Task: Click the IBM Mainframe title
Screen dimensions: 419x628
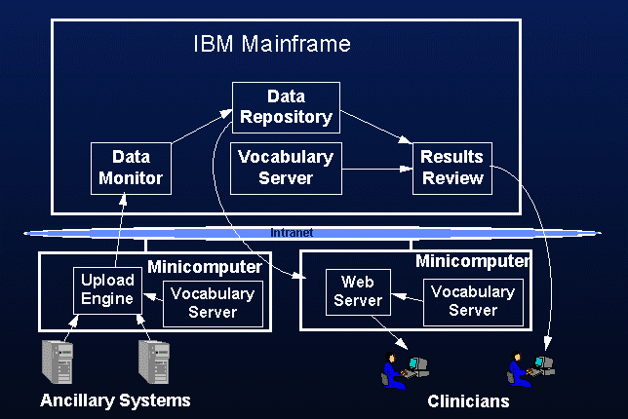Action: tap(270, 45)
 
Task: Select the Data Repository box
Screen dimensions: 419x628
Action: tap(286, 107)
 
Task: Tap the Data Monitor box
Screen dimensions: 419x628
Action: tap(131, 168)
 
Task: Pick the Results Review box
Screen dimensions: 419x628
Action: tap(451, 168)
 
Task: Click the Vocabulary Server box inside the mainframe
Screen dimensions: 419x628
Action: tap(286, 168)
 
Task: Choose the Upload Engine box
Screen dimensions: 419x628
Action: tap(106, 288)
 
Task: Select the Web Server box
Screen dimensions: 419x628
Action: tap(358, 291)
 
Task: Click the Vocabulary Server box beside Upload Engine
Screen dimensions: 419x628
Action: tap(212, 303)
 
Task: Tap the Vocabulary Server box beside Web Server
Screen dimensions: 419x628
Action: tap(473, 302)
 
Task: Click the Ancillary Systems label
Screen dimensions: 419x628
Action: tap(115, 400)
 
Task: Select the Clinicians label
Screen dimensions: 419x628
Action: tap(468, 400)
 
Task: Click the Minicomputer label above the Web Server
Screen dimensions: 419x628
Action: tap(473, 261)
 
